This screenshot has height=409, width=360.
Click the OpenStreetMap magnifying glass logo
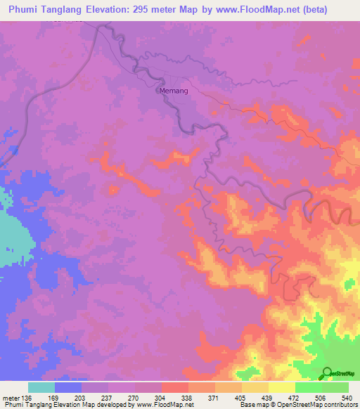[x=326, y=373]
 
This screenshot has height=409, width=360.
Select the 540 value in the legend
[x=346, y=397]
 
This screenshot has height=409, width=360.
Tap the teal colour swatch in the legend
[x=41, y=387]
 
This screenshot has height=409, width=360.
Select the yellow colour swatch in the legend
[x=282, y=387]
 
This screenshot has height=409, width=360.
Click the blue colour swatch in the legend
[x=68, y=387]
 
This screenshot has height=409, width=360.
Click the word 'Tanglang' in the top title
[x=70, y=8]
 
